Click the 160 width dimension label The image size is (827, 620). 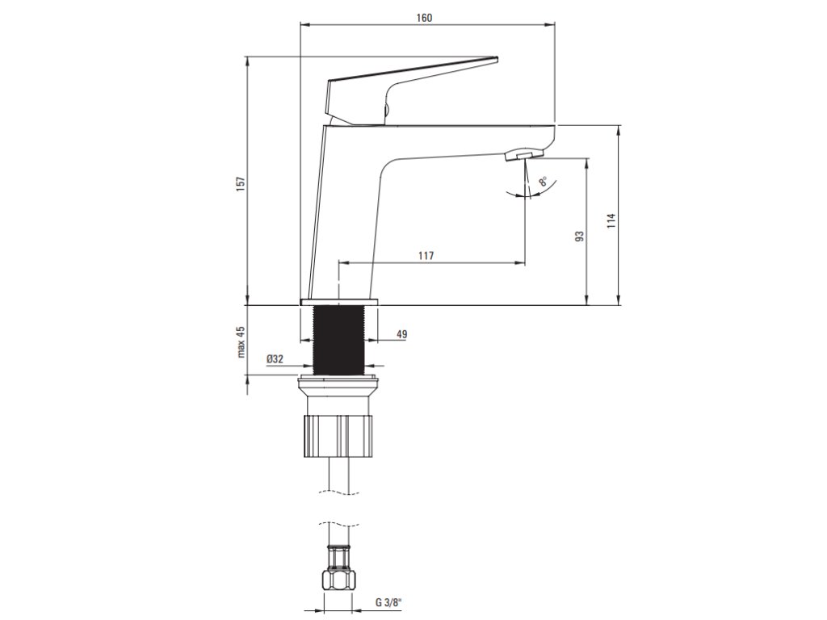pos(424,18)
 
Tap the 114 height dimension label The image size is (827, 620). pos(611,220)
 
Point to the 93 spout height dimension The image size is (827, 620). pos(580,236)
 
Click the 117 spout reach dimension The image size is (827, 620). pos(426,256)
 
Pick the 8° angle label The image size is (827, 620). pos(544,182)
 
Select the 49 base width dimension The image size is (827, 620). pos(401,334)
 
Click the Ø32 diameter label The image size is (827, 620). pos(275,359)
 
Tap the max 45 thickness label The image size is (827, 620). pos(241,341)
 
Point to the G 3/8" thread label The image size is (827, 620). pos(388,601)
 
